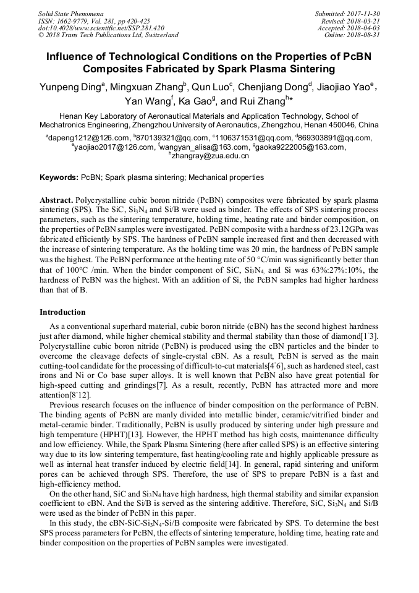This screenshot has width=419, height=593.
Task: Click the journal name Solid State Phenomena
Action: (70, 13)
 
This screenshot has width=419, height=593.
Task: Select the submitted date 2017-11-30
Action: (363, 13)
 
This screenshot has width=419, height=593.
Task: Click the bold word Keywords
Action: (59, 177)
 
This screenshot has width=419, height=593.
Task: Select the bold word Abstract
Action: (56, 202)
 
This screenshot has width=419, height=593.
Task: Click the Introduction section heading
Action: (62, 312)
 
